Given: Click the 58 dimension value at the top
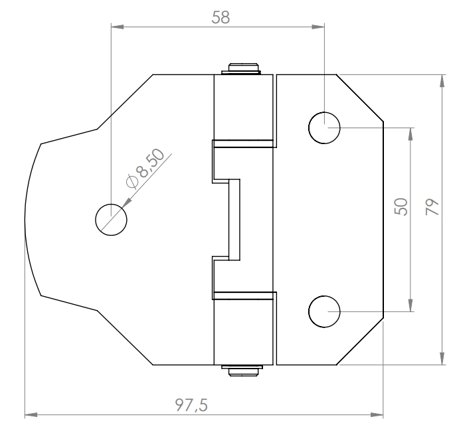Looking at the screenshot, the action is click(x=221, y=17).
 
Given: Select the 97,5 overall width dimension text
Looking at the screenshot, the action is click(x=191, y=405).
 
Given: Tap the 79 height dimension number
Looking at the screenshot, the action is click(x=432, y=207).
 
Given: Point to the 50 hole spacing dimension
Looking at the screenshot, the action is click(x=401, y=207).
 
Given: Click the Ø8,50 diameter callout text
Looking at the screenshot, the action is click(x=145, y=168).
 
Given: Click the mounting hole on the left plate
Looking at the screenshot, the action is click(x=111, y=220).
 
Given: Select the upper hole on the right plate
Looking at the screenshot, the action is click(x=324, y=127).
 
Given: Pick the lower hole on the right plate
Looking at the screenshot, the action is click(x=324, y=311).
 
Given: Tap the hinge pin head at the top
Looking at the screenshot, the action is click(x=244, y=69).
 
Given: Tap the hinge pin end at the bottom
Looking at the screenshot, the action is click(x=242, y=371).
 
